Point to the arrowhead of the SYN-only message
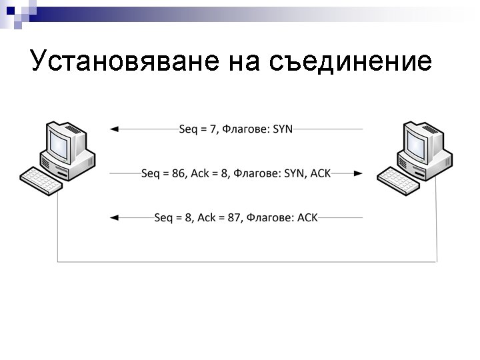click(114, 129)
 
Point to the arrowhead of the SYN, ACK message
click(359, 173)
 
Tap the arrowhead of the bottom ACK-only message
click(114, 217)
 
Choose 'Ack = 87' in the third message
click(219, 217)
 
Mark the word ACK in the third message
click(307, 217)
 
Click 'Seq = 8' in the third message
click(173, 217)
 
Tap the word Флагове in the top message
click(246, 129)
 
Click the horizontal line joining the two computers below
click(247, 262)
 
